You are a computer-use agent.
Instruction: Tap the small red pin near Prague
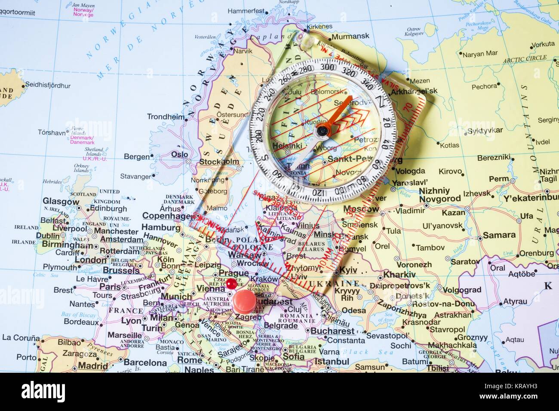click(231, 283)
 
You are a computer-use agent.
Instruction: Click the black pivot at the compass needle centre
click(321, 130)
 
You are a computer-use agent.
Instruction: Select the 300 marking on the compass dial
click(328, 67)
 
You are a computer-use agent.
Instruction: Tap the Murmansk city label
click(350, 36)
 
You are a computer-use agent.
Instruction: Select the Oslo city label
click(179, 154)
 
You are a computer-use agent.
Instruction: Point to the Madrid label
click(93, 366)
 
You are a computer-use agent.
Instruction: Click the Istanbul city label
click(331, 362)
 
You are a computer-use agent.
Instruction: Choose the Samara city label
click(499, 235)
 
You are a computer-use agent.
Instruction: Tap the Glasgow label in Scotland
click(61, 201)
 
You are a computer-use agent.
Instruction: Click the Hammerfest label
click(246, 10)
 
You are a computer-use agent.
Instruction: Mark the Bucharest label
click(332, 331)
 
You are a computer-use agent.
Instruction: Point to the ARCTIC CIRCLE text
click(525, 58)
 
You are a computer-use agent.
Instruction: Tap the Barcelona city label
click(145, 362)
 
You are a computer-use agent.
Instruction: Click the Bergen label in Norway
click(137, 157)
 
